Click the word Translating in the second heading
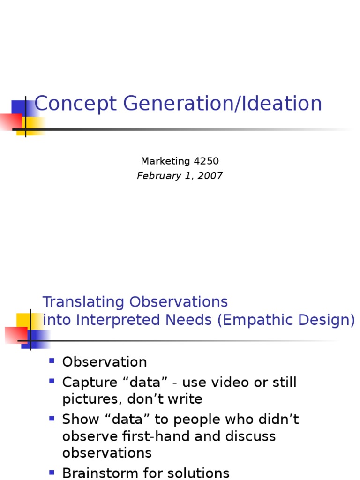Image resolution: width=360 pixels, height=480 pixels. point(84,302)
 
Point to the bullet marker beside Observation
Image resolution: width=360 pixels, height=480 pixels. point(52,360)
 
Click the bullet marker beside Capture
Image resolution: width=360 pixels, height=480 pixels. point(52,381)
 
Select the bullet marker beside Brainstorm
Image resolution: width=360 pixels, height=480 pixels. point(52,472)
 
